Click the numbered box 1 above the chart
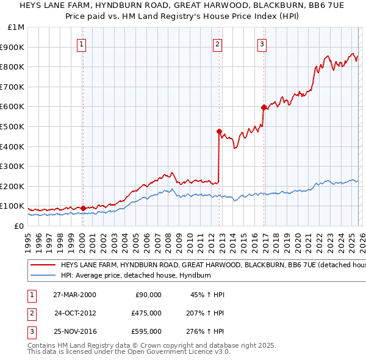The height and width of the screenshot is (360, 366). pyautogui.click(x=82, y=43)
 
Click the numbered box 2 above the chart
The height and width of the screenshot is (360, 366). pyautogui.click(x=218, y=43)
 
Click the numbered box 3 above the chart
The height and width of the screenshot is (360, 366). pyautogui.click(x=262, y=43)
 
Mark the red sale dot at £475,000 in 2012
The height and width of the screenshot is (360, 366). pyautogui.click(x=218, y=131)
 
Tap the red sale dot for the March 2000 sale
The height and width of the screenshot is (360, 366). pyautogui.click(x=83, y=207)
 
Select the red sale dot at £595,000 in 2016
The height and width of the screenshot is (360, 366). pyautogui.click(x=264, y=107)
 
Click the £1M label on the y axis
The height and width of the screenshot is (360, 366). pyautogui.click(x=16, y=27)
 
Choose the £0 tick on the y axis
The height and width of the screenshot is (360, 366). pyautogui.click(x=19, y=226)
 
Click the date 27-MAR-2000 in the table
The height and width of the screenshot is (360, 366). pyautogui.click(x=74, y=295)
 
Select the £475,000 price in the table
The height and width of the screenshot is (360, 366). pyautogui.click(x=146, y=313)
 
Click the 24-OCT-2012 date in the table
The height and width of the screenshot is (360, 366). pyautogui.click(x=75, y=313)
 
